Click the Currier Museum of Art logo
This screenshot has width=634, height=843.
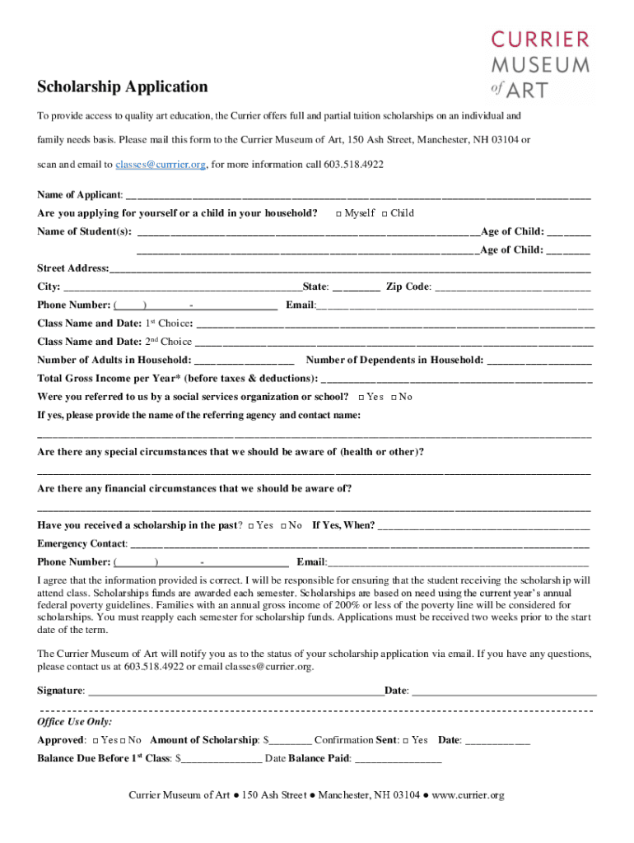pyautogui.click(x=539, y=64)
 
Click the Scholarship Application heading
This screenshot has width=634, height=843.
pyautogui.click(x=122, y=86)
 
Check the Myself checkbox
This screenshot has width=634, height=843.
pyautogui.click(x=339, y=214)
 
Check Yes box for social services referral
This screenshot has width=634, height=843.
pyautogui.click(x=362, y=398)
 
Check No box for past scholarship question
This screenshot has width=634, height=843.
pyautogui.click(x=284, y=526)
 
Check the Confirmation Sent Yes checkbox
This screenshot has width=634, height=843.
pyautogui.click(x=406, y=741)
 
